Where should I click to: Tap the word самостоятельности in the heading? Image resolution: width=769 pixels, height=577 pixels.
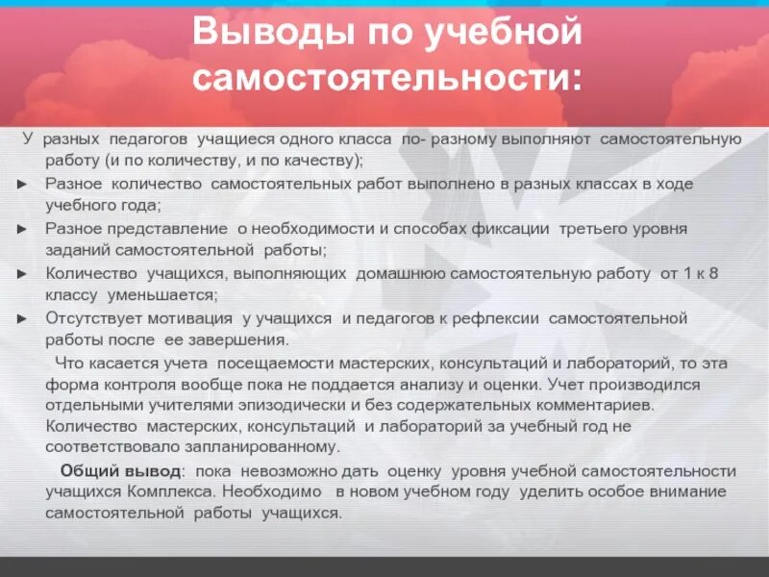[386, 78]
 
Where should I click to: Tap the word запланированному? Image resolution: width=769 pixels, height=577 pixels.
[252, 448]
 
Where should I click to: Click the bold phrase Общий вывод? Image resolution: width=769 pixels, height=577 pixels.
[120, 471]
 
